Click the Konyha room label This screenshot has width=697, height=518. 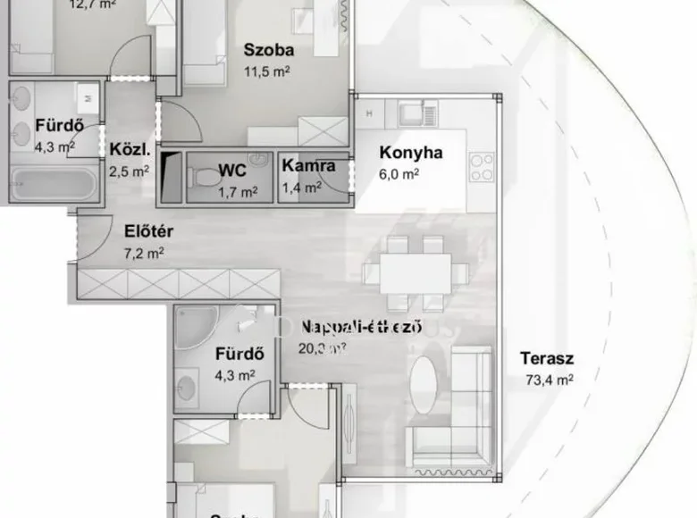click(x=411, y=153)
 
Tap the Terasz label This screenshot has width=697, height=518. click(x=547, y=360)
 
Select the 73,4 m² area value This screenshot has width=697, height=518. click(x=548, y=379)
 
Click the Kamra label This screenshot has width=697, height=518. click(x=309, y=165)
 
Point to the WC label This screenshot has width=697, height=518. click(x=233, y=170)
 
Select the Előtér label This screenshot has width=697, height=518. click(x=148, y=234)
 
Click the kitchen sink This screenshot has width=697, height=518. click(x=412, y=113)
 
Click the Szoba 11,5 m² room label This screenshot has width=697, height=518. click(x=268, y=51)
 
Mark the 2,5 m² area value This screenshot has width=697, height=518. click(x=129, y=170)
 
